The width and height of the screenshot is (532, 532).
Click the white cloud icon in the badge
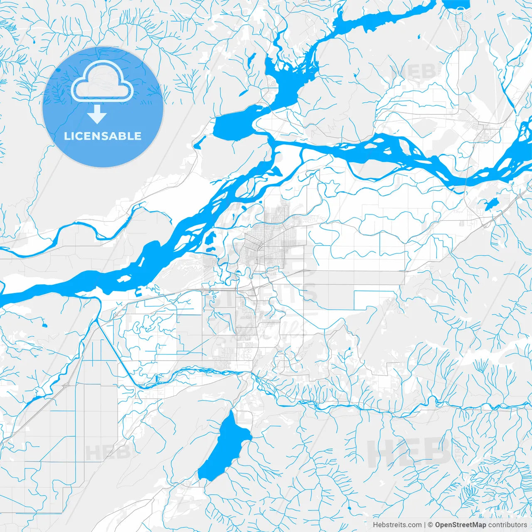(x=102, y=81)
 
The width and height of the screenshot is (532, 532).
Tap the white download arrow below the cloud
(x=97, y=114)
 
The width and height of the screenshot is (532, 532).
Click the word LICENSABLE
(x=103, y=136)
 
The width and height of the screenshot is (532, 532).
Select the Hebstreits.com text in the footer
(x=397, y=525)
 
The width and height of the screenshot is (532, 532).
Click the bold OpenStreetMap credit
(x=461, y=525)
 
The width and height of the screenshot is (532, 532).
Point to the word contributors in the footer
(x=507, y=525)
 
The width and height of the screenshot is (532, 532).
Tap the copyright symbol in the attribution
(x=431, y=525)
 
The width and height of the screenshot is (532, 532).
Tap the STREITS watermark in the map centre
(x=266, y=295)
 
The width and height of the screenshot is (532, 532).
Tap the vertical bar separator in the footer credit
(x=425, y=525)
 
